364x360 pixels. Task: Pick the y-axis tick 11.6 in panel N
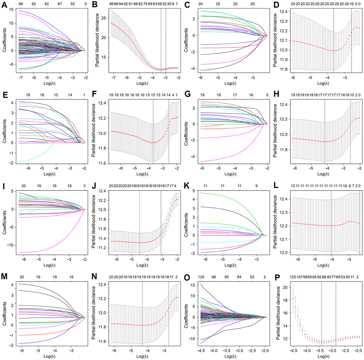pos(103,341)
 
